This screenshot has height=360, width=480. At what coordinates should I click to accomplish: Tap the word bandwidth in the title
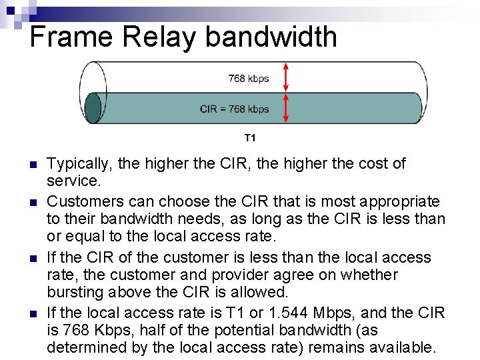coord(271,37)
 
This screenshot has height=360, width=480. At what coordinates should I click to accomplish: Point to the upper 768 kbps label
coord(249,79)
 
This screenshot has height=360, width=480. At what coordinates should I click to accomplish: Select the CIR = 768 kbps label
coord(235,109)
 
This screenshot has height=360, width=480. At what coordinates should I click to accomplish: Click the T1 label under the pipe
coord(249,139)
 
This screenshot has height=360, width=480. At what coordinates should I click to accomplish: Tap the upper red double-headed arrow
coord(285,77)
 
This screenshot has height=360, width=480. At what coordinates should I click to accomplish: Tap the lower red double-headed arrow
coord(285,107)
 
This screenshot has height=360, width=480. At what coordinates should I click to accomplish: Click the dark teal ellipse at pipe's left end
coord(93,108)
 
